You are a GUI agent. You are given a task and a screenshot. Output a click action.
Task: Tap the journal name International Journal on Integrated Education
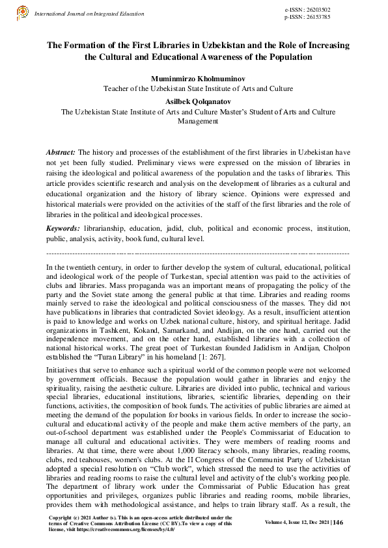(89, 13)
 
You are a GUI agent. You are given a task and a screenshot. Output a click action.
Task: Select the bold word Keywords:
(63, 229)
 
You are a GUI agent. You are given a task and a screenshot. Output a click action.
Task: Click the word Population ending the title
(287, 57)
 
